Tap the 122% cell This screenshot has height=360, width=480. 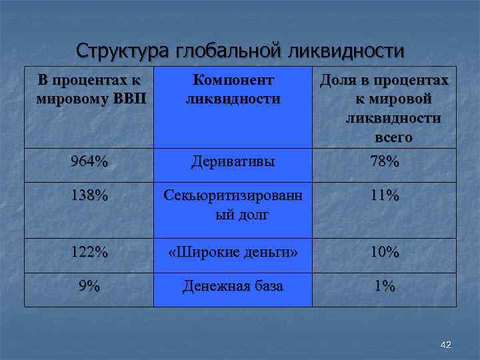click(x=89, y=253)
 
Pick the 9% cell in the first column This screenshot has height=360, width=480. click(x=89, y=286)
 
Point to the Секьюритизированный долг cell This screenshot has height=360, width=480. click(x=233, y=205)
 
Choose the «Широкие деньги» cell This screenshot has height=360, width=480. click(x=233, y=253)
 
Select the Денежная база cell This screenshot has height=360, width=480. click(x=233, y=286)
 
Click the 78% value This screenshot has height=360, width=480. click(x=385, y=162)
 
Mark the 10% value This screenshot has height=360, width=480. click(x=385, y=253)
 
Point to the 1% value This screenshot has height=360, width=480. click(x=385, y=286)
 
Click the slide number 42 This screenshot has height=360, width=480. click(x=446, y=344)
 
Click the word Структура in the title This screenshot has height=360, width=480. click(x=123, y=51)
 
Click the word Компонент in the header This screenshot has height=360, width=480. click(x=233, y=81)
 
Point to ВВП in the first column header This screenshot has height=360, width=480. click(x=132, y=99)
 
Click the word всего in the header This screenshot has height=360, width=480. click(x=393, y=137)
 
